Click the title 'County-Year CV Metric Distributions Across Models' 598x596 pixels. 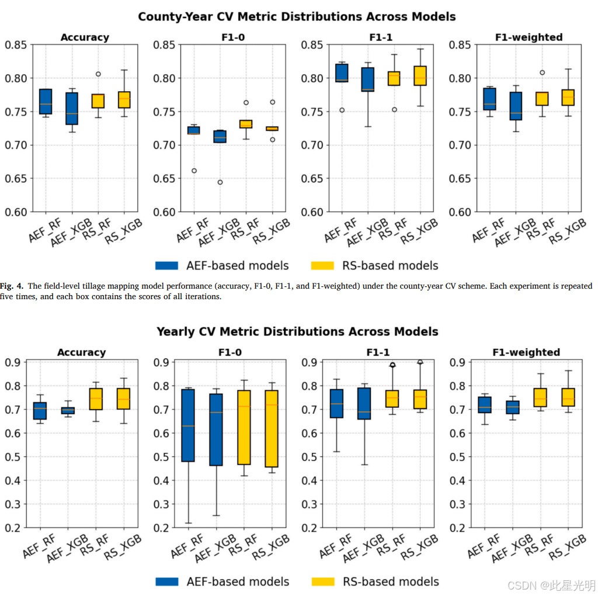pos(297,17)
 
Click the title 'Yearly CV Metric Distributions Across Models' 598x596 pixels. pos(297,331)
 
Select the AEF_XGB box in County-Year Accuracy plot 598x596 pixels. pos(72,108)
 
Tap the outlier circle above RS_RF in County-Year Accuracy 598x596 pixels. pos(98,74)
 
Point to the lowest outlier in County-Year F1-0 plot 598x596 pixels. pos(220,182)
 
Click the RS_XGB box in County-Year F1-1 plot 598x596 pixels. pos(420,75)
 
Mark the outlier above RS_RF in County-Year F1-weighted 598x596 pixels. pos(542,72)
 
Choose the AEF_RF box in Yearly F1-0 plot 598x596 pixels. pos(188,425)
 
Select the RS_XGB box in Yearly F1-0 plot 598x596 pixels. pos(272,428)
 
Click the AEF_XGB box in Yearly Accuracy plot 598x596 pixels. pos(68,411)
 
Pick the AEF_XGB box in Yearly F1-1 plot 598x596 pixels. pos(364,404)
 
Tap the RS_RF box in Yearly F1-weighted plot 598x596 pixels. pos(540,397)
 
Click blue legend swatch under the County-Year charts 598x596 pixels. pos(166,265)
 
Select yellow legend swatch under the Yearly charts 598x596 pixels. pos(323,581)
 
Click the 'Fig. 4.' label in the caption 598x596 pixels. pos(12,286)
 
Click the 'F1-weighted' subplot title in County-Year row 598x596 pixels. pos(529,37)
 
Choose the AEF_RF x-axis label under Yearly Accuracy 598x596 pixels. pos(39,546)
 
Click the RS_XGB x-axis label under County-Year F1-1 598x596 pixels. pos(419,231)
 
